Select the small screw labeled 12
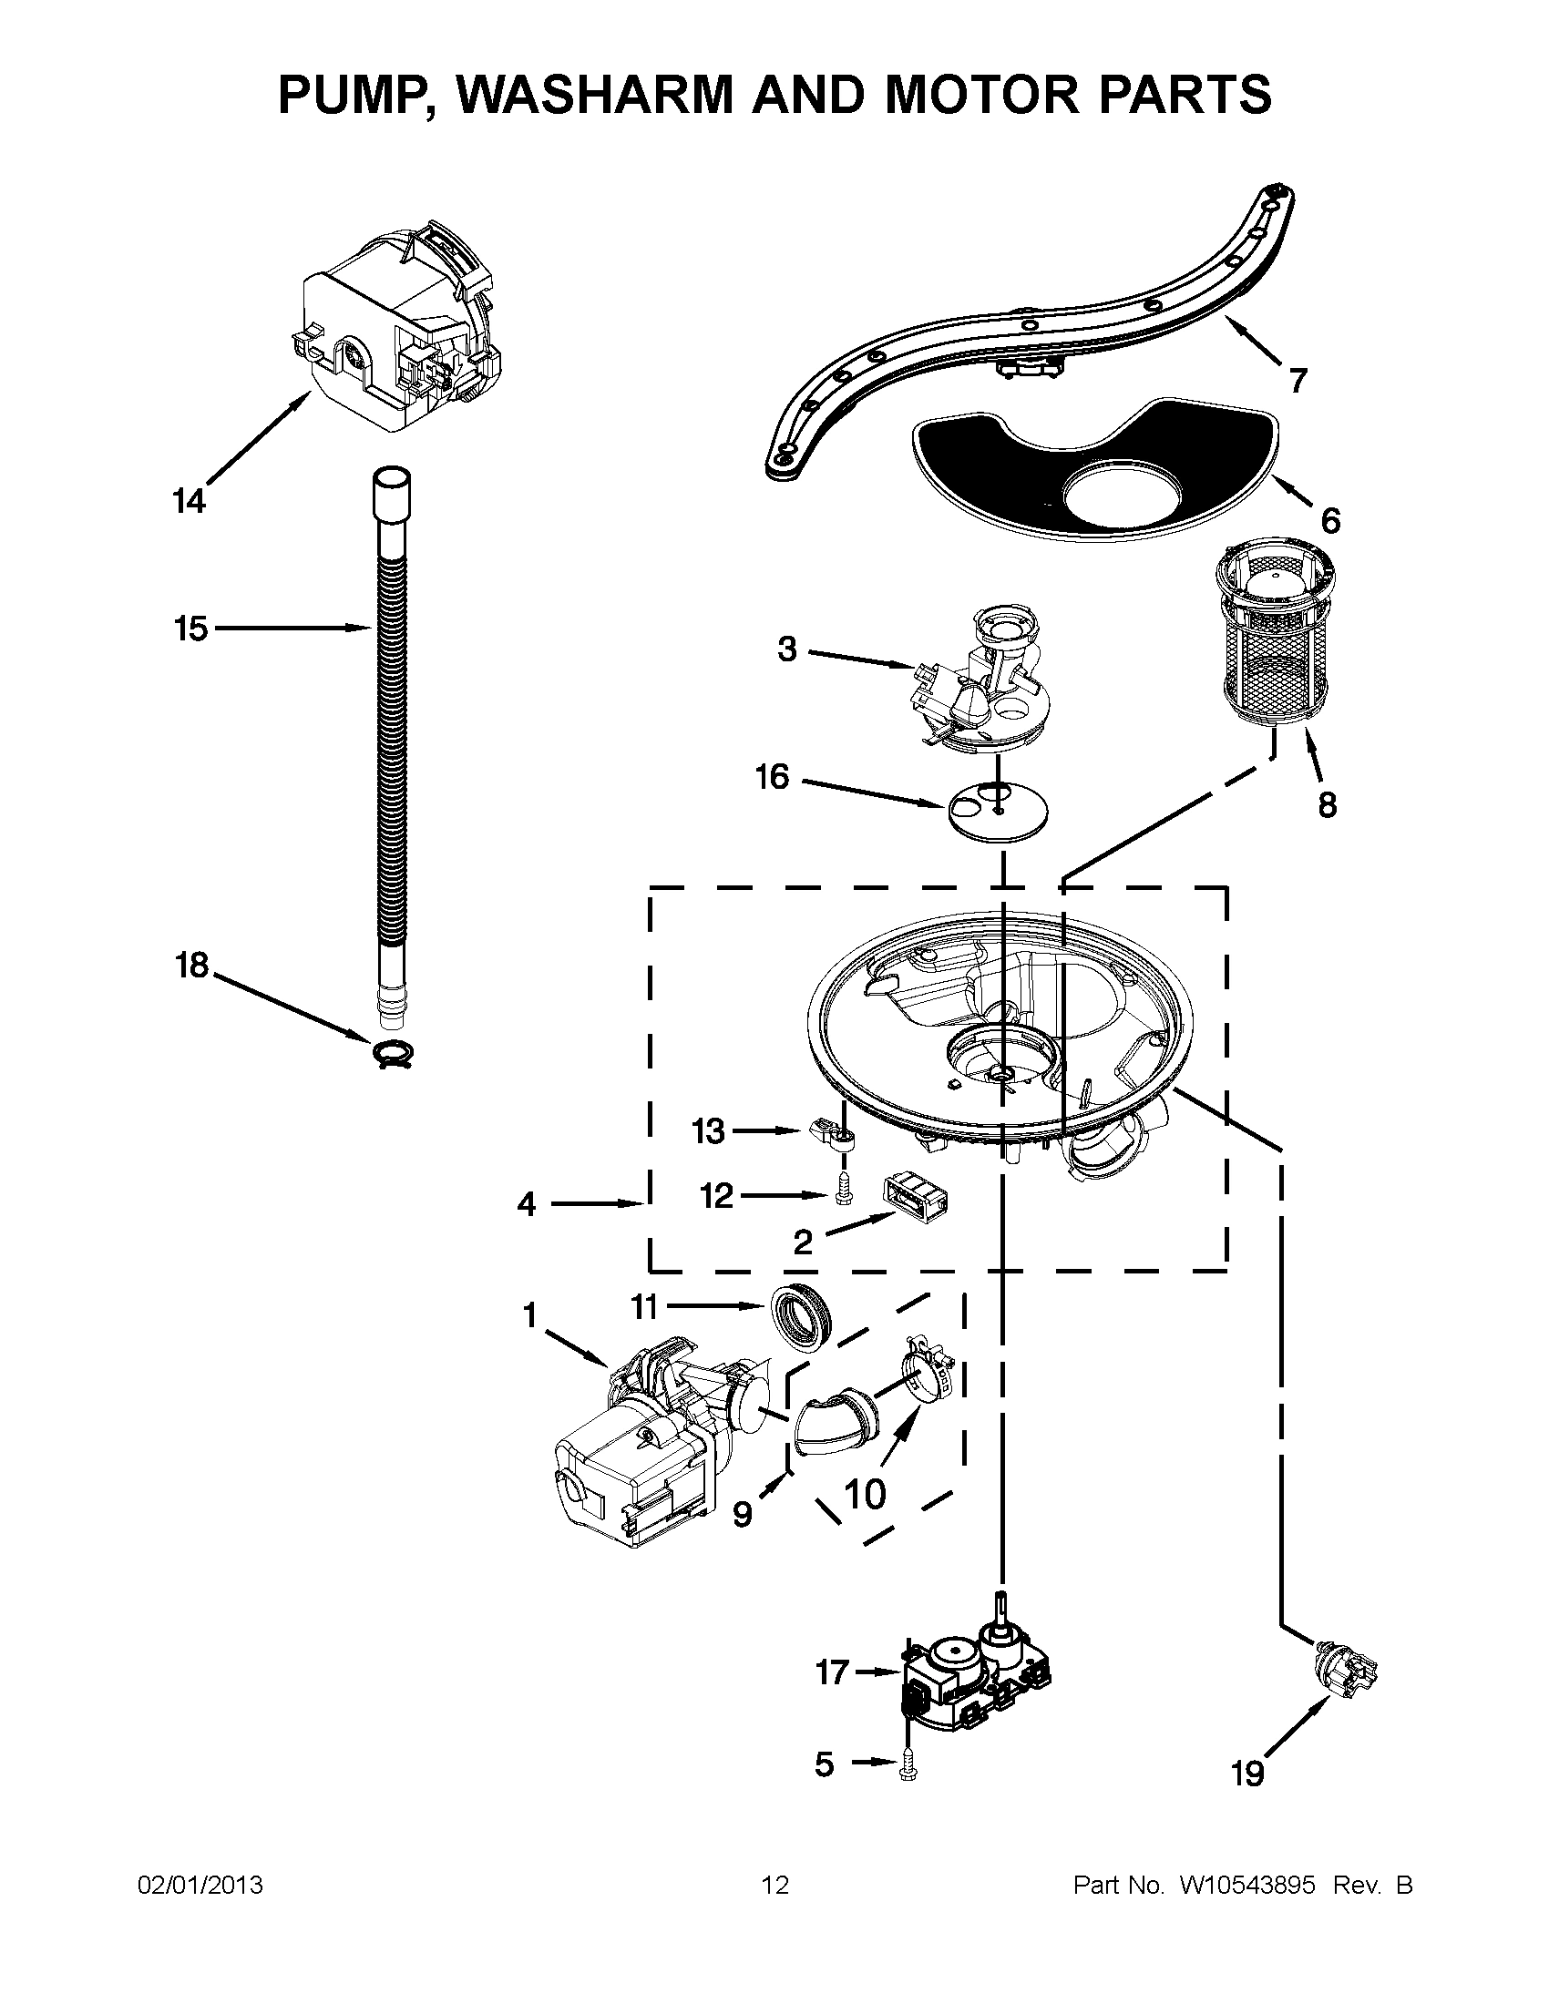842,1191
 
